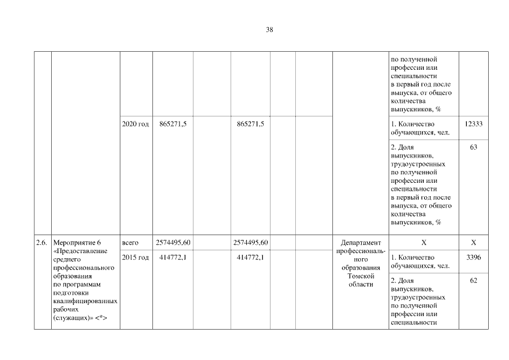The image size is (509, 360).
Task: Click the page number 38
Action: pyautogui.click(x=269, y=30)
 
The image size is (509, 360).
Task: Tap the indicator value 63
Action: pyautogui.click(x=474, y=148)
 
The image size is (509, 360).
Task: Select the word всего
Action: pyautogui.click(x=130, y=242)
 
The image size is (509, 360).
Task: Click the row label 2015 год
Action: pyautogui.click(x=135, y=258)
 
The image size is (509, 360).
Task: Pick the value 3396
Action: pyautogui.click(x=474, y=258)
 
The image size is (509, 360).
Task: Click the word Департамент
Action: pyautogui.click(x=361, y=242)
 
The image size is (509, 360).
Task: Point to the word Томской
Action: pyautogui.click(x=361, y=276)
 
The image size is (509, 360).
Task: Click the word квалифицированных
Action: pyautogui.click(x=84, y=301)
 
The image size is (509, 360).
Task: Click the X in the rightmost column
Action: pyautogui.click(x=474, y=242)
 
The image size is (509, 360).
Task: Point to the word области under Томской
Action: pyautogui.click(x=361, y=284)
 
